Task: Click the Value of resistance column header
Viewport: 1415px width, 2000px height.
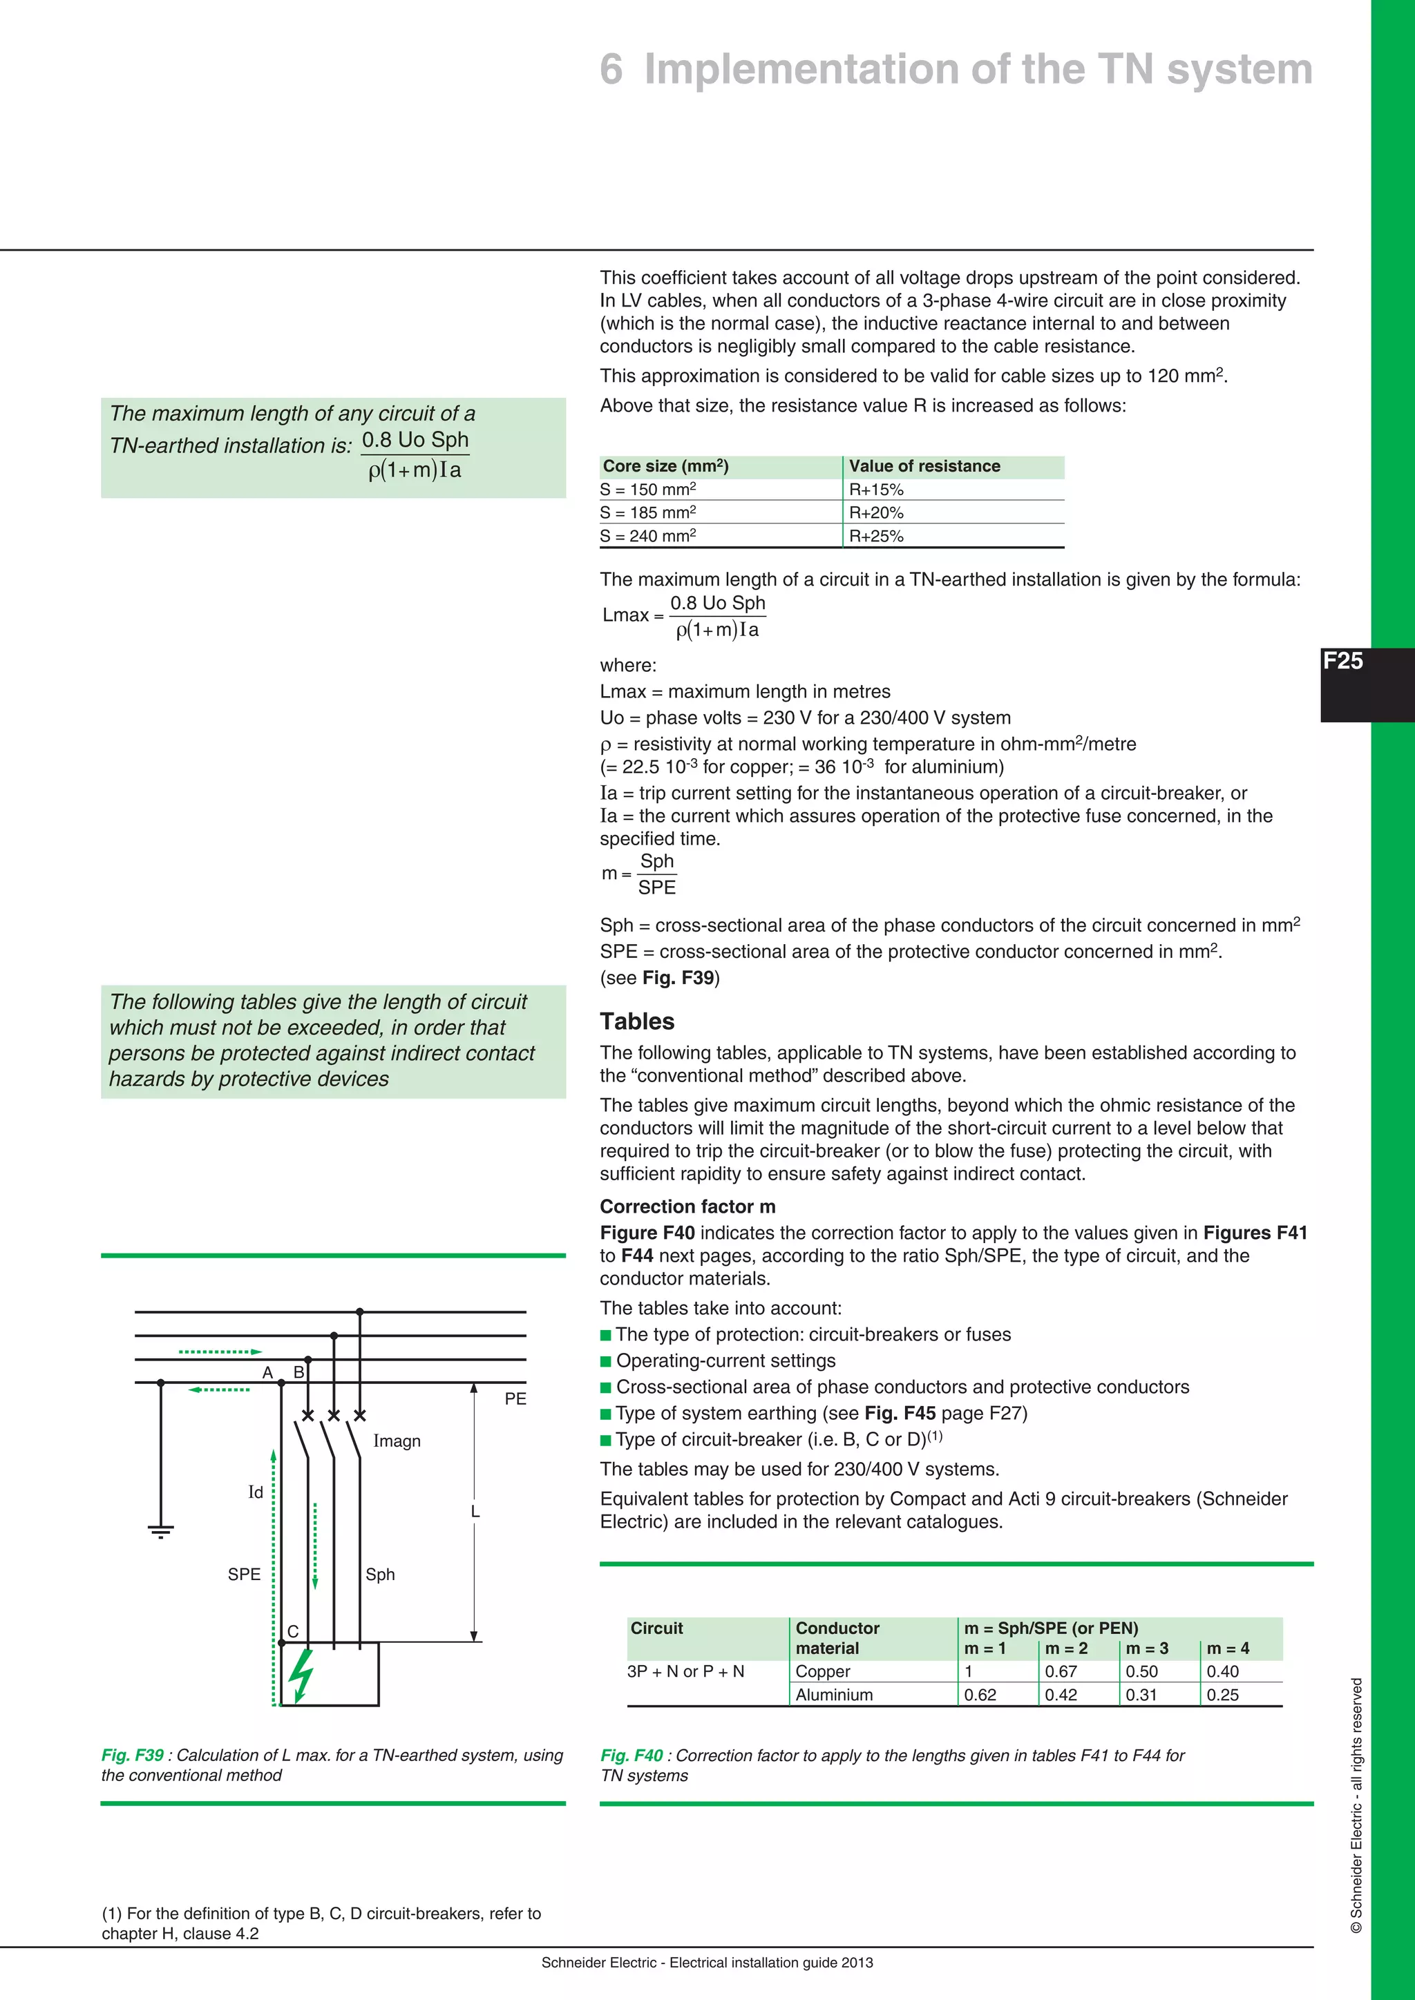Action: click(x=924, y=467)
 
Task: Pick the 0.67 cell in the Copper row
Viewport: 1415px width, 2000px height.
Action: click(x=1061, y=1671)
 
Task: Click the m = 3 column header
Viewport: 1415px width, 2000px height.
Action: click(x=1147, y=1648)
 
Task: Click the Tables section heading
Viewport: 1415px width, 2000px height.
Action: click(x=637, y=1022)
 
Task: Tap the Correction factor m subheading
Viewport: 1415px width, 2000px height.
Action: click(x=687, y=1207)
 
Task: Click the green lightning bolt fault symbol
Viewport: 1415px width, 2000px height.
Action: click(x=301, y=1674)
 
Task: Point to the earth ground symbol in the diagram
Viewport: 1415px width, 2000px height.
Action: click(x=160, y=1531)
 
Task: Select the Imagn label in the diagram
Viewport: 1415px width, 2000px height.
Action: click(x=397, y=1441)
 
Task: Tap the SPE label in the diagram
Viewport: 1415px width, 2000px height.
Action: click(x=244, y=1575)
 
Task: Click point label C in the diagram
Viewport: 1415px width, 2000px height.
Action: click(x=293, y=1631)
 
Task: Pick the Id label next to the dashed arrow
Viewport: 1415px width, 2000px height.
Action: click(x=255, y=1493)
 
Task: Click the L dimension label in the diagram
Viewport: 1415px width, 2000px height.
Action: click(x=475, y=1511)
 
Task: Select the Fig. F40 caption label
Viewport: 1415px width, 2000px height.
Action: click(x=631, y=1756)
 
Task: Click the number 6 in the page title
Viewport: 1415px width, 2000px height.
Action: click(x=611, y=70)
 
